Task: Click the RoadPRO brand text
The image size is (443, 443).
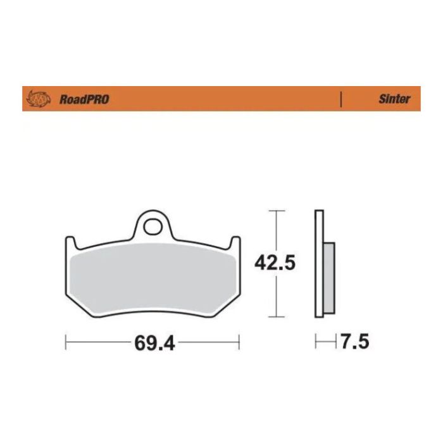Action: pos(84,99)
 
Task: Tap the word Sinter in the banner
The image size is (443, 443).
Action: pos(394,99)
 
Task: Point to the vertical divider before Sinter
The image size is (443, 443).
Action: pos(341,99)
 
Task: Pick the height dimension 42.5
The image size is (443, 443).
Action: pos(275,263)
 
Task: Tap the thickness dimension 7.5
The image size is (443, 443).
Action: pos(354,343)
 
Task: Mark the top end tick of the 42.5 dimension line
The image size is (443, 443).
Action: pos(275,209)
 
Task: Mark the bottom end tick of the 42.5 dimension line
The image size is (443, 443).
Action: pos(275,316)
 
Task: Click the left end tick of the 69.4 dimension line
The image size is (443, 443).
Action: pos(66,344)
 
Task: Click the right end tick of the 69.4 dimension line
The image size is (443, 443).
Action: pos(239,344)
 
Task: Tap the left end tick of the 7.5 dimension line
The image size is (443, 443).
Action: pos(316,343)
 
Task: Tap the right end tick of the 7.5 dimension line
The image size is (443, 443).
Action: pos(335,343)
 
